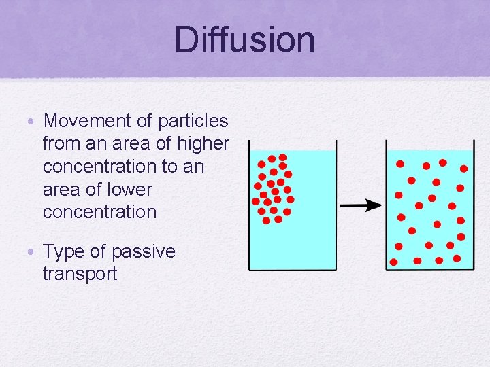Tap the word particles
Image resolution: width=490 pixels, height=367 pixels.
tap(193, 121)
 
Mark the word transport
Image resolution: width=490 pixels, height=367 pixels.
tap(80, 274)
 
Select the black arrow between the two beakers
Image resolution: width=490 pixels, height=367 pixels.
tap(361, 205)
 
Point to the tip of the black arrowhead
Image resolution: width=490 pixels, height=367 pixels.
tap(381, 205)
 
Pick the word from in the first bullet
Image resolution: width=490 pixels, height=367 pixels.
tap(59, 143)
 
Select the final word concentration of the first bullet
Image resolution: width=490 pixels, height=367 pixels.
tap(99, 211)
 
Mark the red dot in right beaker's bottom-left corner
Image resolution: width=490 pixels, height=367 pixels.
tap(393, 262)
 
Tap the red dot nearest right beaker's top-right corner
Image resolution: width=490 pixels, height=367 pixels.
tap(464, 168)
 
